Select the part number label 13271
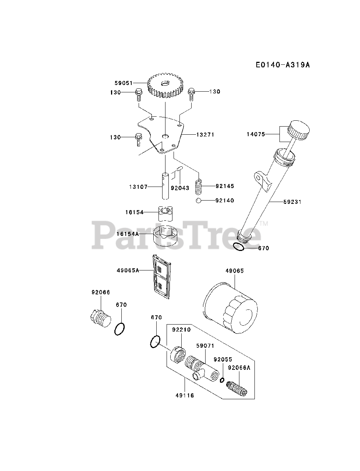click(x=205, y=135)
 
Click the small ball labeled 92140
click(x=198, y=201)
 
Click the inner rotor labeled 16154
click(x=166, y=213)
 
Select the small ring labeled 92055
click(x=222, y=380)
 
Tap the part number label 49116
click(x=184, y=396)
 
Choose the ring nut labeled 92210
click(x=178, y=354)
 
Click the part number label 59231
click(x=292, y=202)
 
